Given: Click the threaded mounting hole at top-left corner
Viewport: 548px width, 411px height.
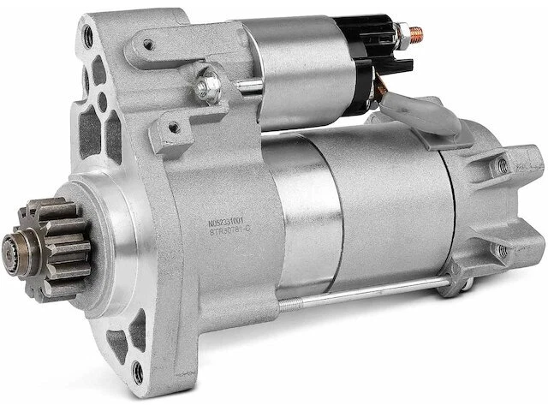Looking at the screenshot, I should [88, 37].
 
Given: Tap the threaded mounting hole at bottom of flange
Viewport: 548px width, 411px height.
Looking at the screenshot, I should [137, 372].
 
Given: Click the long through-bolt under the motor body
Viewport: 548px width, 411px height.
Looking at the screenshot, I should [360, 293].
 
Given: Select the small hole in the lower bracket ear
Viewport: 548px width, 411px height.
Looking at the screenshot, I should [174, 128].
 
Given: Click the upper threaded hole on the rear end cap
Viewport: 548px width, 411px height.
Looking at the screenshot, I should [502, 165].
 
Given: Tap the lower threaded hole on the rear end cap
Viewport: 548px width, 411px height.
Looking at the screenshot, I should [502, 251].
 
